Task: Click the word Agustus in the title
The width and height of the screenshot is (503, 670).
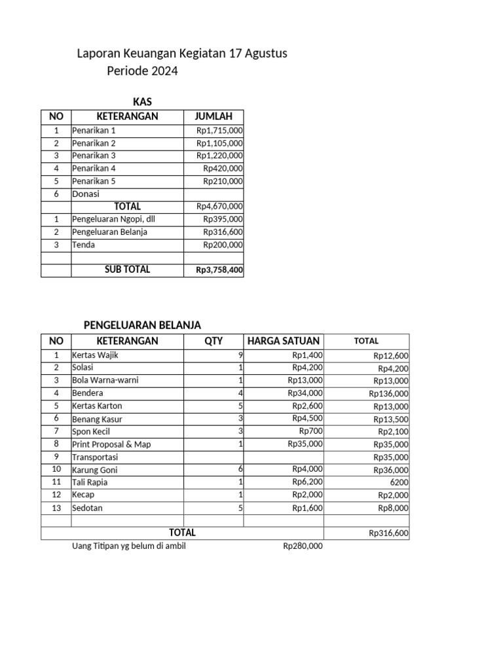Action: (x=265, y=54)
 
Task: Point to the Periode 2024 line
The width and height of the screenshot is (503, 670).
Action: (x=142, y=71)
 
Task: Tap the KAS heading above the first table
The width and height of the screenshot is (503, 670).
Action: (x=142, y=101)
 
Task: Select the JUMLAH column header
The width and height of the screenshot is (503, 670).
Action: (x=214, y=116)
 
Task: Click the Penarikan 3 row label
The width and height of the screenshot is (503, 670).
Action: (x=94, y=156)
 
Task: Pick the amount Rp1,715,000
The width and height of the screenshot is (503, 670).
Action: (x=219, y=131)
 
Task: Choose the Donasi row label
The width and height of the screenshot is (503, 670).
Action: (x=86, y=194)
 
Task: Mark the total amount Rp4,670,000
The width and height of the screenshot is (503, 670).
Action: (x=219, y=207)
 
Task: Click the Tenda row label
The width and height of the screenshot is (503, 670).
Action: (x=83, y=245)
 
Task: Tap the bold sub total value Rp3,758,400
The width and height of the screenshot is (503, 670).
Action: (x=219, y=270)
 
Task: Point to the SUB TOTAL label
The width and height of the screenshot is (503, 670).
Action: (x=127, y=270)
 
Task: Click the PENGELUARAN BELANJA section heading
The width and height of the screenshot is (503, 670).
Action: (x=142, y=325)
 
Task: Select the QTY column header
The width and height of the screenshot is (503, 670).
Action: (x=214, y=341)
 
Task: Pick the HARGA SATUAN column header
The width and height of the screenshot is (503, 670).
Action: (x=283, y=341)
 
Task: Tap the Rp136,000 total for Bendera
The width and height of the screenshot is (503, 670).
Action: (x=388, y=394)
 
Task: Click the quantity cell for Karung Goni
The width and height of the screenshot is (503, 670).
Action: (x=240, y=470)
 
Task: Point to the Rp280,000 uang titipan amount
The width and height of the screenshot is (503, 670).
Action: (x=303, y=546)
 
